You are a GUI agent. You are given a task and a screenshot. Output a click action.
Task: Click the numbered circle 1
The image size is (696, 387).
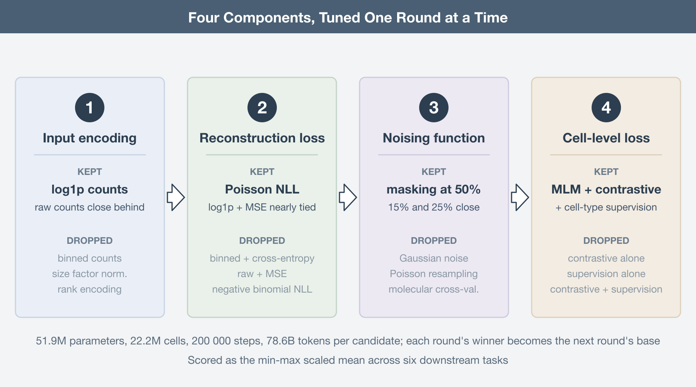tap(90, 108)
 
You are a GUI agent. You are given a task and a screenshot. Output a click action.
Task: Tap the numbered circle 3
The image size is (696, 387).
tap(434, 108)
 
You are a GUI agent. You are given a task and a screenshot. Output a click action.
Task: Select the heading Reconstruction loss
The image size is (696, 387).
tap(262, 138)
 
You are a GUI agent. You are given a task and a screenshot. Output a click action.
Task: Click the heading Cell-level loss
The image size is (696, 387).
tap(606, 138)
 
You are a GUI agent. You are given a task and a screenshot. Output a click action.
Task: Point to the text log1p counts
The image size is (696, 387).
tap(90, 190)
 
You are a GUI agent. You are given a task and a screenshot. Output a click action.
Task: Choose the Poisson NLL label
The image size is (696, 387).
tap(262, 190)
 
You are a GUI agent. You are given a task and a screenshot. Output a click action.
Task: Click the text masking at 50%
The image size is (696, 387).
tap(434, 190)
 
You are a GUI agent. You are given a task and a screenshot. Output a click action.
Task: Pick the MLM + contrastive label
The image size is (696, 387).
tap(606, 190)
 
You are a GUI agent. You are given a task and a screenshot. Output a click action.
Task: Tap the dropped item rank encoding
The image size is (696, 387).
tap(90, 289)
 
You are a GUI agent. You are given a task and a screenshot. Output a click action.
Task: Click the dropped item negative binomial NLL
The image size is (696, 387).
tap(262, 289)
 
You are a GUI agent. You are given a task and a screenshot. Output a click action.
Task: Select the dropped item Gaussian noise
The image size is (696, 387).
tap(434, 258)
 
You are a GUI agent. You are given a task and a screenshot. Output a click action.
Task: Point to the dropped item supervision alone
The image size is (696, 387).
tap(606, 274)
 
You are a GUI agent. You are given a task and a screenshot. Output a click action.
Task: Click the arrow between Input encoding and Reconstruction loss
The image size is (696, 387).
tap(176, 197)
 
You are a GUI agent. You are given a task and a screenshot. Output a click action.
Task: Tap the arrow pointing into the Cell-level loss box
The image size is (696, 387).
tap(520, 197)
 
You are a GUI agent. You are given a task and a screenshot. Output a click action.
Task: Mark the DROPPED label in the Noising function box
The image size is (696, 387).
tap(434, 241)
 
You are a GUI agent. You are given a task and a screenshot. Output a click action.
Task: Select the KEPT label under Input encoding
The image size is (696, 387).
tap(90, 172)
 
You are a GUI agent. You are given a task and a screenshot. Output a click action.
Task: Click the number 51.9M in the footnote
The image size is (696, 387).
tap(51, 341)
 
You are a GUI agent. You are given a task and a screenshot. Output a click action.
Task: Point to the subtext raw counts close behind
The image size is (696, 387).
tap(90, 207)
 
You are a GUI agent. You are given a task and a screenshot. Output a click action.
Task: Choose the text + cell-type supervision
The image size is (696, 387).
tap(606, 207)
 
